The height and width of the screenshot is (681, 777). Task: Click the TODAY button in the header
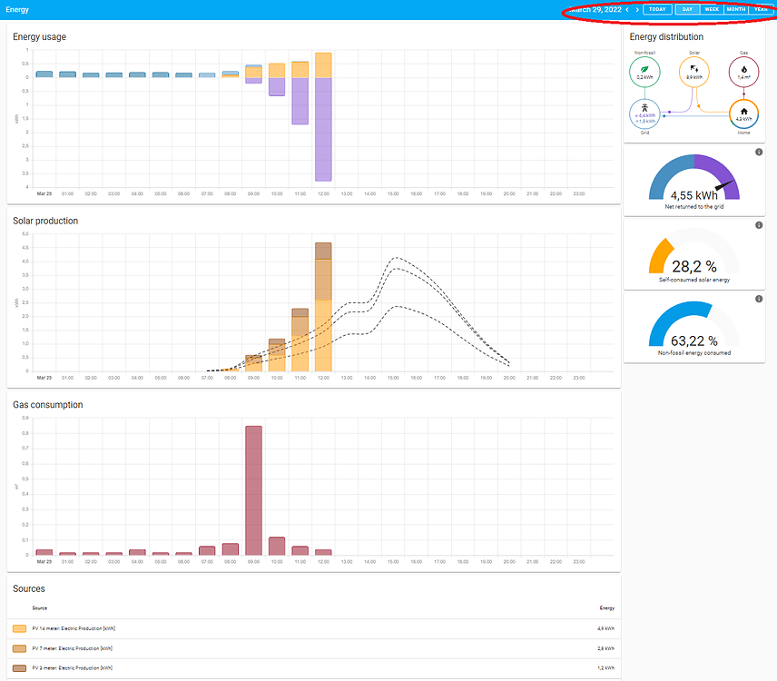tap(657, 9)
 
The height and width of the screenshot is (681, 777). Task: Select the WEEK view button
tap(712, 9)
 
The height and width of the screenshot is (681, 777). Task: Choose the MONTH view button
tap(736, 9)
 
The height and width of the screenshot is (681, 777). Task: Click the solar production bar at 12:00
tap(323, 309)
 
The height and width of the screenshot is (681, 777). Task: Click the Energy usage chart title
tap(39, 36)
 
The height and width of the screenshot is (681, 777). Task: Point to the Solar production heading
tap(45, 221)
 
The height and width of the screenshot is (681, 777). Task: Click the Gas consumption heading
tap(48, 405)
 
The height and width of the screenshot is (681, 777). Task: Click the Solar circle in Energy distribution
tap(693, 72)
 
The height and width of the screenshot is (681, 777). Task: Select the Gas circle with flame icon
tap(743, 72)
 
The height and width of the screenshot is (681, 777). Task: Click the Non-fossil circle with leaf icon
tap(644, 72)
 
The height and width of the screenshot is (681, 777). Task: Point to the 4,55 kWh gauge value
tap(693, 194)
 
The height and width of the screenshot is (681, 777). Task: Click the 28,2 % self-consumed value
tap(693, 266)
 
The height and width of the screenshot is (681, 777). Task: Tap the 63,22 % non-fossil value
tap(693, 341)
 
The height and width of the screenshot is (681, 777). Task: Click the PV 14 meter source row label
tap(73, 627)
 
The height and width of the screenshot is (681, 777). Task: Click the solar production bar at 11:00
tap(300, 340)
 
